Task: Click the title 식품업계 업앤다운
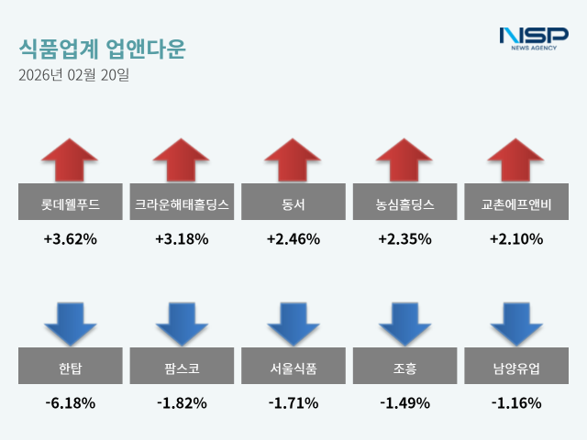[x=101, y=49]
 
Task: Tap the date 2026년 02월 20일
[x=73, y=75]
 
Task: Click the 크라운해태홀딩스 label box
[x=182, y=202]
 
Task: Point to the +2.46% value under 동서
[x=293, y=239]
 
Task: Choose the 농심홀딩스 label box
[x=404, y=202]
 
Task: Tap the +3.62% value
[x=70, y=239]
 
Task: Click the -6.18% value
[x=70, y=402]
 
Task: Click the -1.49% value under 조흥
[x=404, y=402]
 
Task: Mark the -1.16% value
[x=516, y=402]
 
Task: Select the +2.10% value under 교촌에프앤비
[x=516, y=239]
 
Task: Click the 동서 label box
[x=293, y=202]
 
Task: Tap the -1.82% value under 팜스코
[x=182, y=402]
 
